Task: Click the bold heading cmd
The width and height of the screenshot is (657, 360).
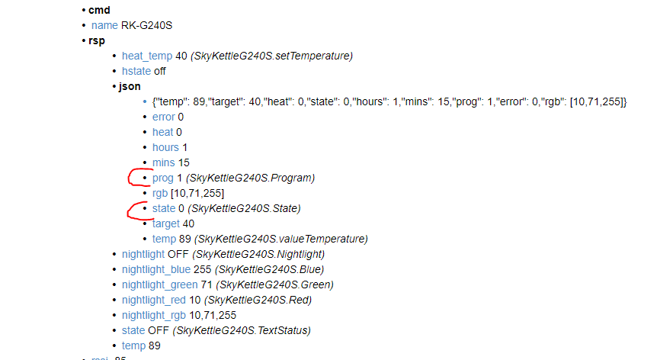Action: click(99, 10)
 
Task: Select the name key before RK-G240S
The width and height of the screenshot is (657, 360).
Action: click(104, 25)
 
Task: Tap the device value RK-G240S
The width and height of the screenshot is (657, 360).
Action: click(146, 25)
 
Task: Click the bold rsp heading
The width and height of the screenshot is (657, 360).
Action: click(97, 40)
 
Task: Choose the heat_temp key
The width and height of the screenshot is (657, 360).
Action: click(146, 56)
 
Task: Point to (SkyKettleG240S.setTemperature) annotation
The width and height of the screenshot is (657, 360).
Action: click(271, 56)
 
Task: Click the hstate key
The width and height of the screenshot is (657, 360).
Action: click(136, 71)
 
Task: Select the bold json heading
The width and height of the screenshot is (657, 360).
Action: click(130, 86)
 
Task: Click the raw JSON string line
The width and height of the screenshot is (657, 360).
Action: click(389, 101)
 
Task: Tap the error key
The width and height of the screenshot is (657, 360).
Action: click(163, 117)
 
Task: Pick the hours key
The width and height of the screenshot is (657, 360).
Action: click(165, 147)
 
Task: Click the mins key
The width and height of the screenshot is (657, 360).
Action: click(164, 162)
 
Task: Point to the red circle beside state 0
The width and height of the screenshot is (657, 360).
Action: click(137, 209)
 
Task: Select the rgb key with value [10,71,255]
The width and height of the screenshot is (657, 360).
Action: click(160, 193)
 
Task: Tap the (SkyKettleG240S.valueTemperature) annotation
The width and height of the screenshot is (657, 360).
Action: click(281, 239)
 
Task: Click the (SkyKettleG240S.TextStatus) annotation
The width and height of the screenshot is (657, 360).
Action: click(242, 330)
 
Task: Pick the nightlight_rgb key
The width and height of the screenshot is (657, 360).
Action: click(154, 315)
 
